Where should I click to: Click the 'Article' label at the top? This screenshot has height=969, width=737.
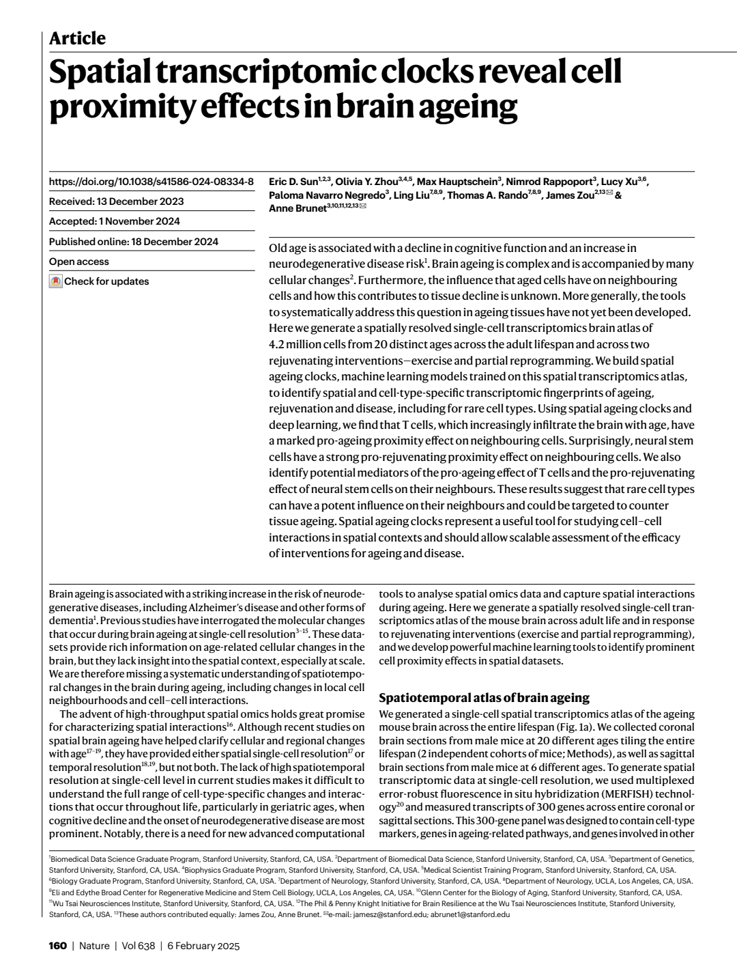[77, 38]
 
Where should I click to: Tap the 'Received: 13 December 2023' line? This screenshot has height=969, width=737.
[116, 201]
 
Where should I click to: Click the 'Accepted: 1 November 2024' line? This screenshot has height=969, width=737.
[115, 221]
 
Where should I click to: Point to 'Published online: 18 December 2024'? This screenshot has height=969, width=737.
[134, 241]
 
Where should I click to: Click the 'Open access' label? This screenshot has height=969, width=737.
[79, 262]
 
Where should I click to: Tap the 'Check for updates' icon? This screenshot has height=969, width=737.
[56, 281]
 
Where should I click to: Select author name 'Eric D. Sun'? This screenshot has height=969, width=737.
[293, 182]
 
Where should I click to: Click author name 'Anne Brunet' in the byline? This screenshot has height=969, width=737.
[298, 208]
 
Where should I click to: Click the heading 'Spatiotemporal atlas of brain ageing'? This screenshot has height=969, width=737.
[484, 697]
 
